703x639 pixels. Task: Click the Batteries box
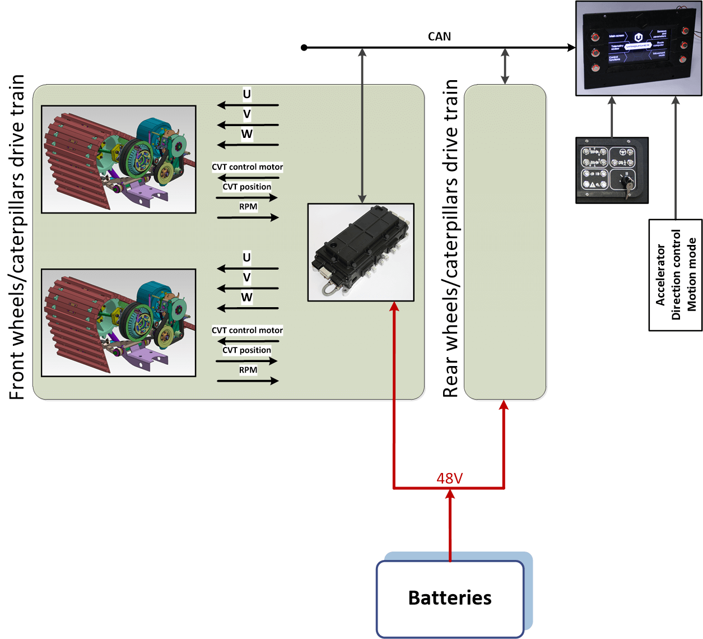(450, 598)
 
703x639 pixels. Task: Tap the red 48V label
(449, 478)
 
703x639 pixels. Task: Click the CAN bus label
(439, 36)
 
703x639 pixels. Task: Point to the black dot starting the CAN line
(304, 48)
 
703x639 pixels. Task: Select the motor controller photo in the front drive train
(361, 252)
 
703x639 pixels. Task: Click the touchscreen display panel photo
(638, 48)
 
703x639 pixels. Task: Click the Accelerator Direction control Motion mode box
(676, 275)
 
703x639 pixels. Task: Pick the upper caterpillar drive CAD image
(119, 159)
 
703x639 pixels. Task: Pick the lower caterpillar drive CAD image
(119, 323)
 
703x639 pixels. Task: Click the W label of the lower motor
(246, 298)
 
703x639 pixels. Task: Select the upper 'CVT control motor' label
(247, 167)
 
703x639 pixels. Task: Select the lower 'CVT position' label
(246, 350)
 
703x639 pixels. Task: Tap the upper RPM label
(248, 207)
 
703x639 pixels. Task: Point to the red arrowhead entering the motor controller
(394, 306)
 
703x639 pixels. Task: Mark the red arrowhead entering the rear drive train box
(504, 405)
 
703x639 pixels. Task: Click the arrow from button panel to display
(612, 118)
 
